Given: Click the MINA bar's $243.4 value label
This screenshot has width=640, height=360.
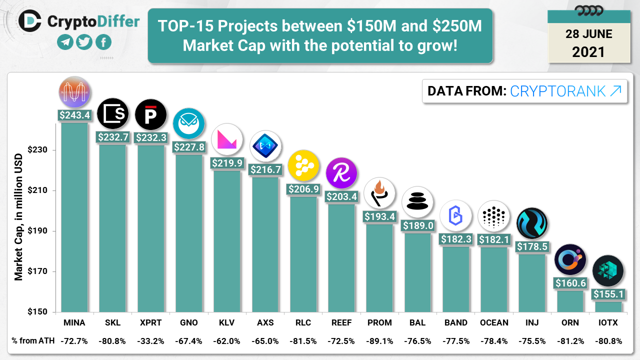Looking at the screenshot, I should pos(74,115).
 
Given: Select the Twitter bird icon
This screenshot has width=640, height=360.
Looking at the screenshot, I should pos(84,42).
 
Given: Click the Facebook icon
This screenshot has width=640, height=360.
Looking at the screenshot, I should pos(103,42).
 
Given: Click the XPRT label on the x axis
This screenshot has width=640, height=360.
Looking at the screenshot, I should pos(150,322).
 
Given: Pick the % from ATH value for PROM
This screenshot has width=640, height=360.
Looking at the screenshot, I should pos(379,341).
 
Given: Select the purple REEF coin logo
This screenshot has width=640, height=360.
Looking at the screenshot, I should pos(341,173).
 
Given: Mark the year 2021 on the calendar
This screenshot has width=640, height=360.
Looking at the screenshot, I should pos(588,51).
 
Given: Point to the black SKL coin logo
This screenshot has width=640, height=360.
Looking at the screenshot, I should pos(113,114).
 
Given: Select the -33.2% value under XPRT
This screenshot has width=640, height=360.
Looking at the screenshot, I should pos(150,341).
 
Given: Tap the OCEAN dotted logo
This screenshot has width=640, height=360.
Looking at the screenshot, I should pos(493,216).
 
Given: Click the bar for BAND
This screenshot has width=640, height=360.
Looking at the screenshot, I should pos(455,280).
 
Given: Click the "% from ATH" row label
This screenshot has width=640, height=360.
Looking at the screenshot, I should pos(32,341).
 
